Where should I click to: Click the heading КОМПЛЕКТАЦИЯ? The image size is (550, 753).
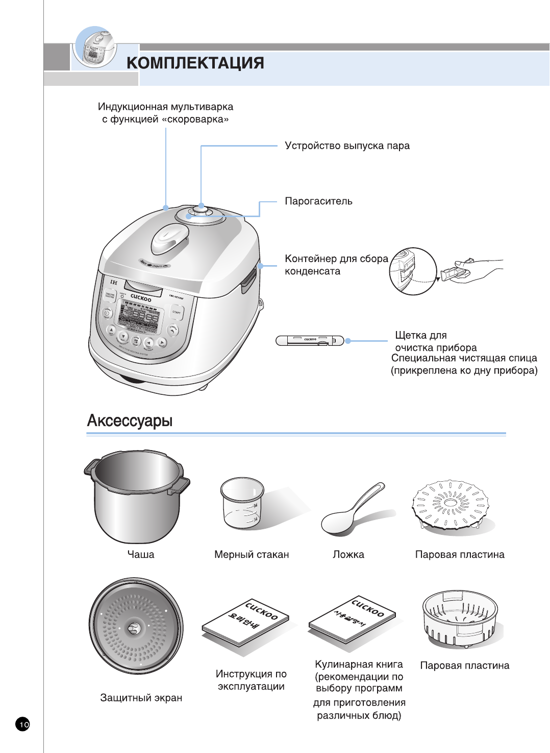click(x=195, y=63)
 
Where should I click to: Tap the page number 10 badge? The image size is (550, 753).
click(x=23, y=724)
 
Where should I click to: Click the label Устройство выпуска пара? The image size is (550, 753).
click(x=347, y=146)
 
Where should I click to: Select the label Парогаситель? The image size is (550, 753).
click(x=318, y=201)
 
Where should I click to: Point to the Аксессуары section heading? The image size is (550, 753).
click(x=130, y=420)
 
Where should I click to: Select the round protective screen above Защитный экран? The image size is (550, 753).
click(x=136, y=626)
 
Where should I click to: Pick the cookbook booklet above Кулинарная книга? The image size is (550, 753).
click(x=352, y=618)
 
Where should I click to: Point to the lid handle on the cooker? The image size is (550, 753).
click(x=170, y=239)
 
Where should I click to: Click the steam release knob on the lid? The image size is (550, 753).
click(x=201, y=210)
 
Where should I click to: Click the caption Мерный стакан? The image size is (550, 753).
click(x=252, y=555)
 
